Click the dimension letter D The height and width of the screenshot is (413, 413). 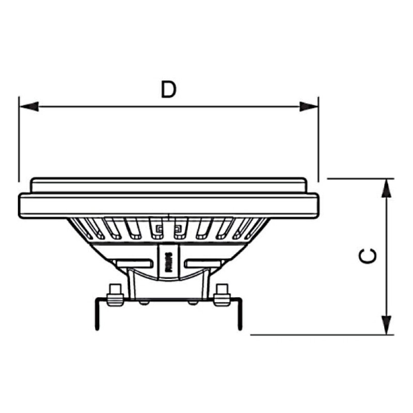tap(168, 89)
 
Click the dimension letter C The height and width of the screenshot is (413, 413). tap(368, 257)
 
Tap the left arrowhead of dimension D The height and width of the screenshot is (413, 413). tap(29, 106)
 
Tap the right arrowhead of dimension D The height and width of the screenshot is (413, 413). tap(308, 106)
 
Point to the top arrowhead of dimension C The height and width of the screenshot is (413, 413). tap(385, 188)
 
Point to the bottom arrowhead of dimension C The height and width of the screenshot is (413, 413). tap(385, 324)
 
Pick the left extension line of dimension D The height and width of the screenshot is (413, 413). tap(19, 139)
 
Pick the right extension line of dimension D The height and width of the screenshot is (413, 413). tap(318, 139)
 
